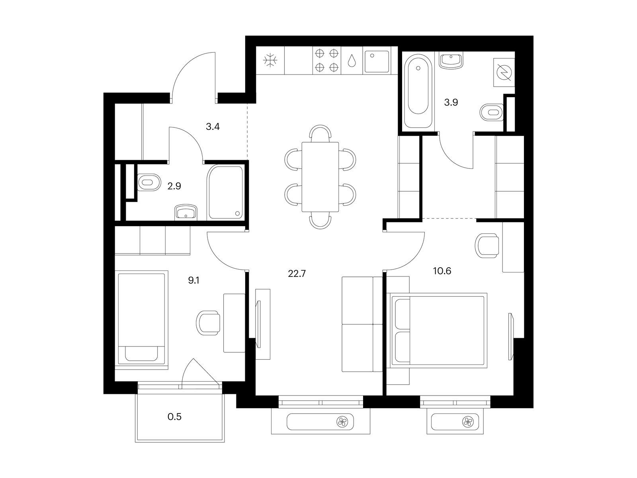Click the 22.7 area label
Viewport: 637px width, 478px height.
297,273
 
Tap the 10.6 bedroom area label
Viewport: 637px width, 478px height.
442,271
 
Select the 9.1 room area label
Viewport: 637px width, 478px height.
193,280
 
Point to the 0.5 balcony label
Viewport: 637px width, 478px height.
174,417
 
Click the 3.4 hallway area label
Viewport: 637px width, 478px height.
213,127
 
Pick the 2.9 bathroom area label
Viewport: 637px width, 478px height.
174,186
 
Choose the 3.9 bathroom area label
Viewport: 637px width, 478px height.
451,102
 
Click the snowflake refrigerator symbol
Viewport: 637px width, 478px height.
270,61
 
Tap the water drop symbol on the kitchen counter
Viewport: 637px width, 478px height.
352,61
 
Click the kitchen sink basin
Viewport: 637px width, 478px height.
377,61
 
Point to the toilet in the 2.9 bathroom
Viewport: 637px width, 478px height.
149,182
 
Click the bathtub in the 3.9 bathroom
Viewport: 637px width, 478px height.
418,90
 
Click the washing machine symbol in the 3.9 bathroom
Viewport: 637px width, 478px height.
504,72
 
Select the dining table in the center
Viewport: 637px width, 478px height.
320,177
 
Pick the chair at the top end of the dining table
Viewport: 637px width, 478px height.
320,133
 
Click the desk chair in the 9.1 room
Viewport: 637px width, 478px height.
208,323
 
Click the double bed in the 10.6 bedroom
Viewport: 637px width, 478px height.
438,331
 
